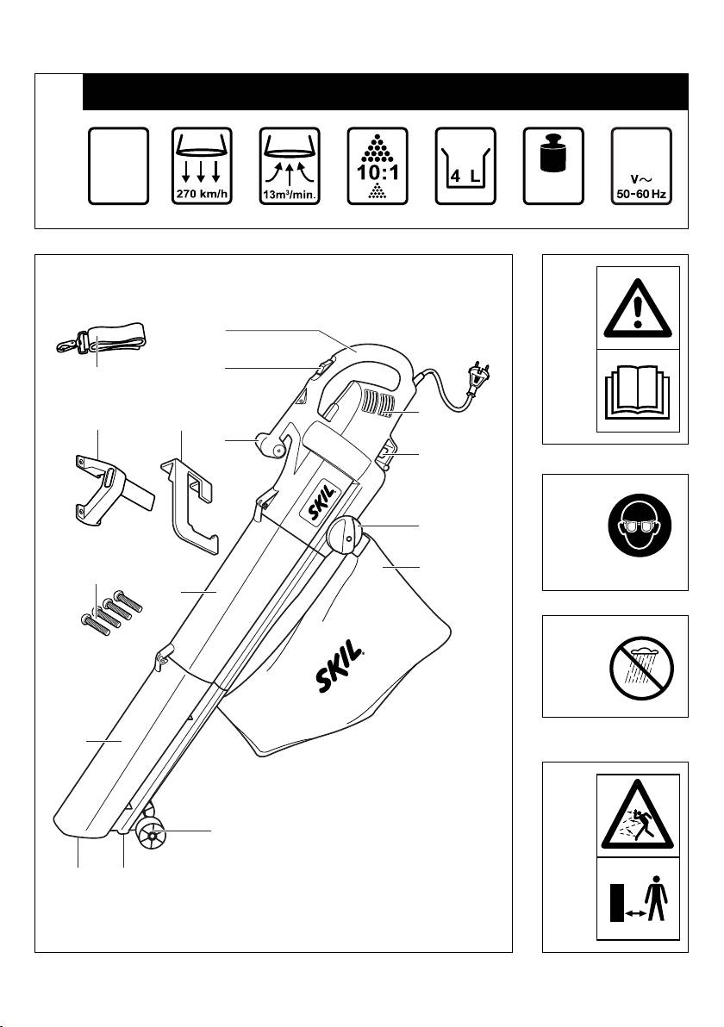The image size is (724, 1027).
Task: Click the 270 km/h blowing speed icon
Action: click(202, 165)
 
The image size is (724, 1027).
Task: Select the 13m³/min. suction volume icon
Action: click(290, 165)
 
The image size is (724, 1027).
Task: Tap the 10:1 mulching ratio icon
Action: click(378, 165)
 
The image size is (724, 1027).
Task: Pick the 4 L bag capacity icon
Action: click(465, 165)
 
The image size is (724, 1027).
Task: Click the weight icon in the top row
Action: click(553, 165)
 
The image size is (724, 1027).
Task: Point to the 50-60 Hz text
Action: click(641, 194)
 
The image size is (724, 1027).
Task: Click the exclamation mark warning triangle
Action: click(638, 308)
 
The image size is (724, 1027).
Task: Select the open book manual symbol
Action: click(638, 391)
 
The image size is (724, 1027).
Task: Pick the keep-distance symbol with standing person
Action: click(638, 903)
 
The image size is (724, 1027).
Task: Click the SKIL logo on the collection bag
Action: click(339, 666)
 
